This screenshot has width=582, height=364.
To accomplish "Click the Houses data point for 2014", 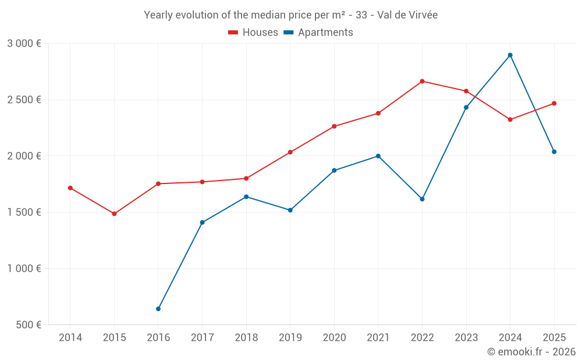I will pyautogui.click(x=70, y=188).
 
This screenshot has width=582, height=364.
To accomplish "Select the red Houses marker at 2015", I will pyautogui.click(x=114, y=214).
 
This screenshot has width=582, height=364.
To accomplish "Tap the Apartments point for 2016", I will pyautogui.click(x=158, y=309).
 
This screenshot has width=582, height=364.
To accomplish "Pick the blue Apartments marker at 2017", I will pyautogui.click(x=202, y=222).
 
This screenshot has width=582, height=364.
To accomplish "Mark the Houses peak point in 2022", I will pyautogui.click(x=422, y=82).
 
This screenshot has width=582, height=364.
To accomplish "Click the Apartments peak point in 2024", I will pyautogui.click(x=510, y=55).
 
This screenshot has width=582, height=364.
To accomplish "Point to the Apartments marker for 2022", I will pyautogui.click(x=422, y=199).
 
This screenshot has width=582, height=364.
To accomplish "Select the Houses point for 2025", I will pyautogui.click(x=554, y=104).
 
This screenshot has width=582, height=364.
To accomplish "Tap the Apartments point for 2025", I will pyautogui.click(x=554, y=152).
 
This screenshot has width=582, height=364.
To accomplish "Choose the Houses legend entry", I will pyautogui.click(x=254, y=33).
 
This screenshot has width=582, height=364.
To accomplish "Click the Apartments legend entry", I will pyautogui.click(x=318, y=33).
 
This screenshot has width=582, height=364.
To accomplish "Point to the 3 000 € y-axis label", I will pyautogui.click(x=24, y=44).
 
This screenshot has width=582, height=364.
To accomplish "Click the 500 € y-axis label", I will pyautogui.click(x=28, y=325).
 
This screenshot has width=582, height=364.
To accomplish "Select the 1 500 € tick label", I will pyautogui.click(x=24, y=213).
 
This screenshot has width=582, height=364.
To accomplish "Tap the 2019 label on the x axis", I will pyautogui.click(x=290, y=338).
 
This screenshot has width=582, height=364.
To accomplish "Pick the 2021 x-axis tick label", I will pyautogui.click(x=378, y=338).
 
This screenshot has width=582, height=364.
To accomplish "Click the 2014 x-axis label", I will pyautogui.click(x=70, y=338).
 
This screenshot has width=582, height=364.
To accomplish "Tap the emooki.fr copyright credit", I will pyautogui.click(x=531, y=352).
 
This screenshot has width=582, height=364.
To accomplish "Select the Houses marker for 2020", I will pyautogui.click(x=334, y=126).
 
